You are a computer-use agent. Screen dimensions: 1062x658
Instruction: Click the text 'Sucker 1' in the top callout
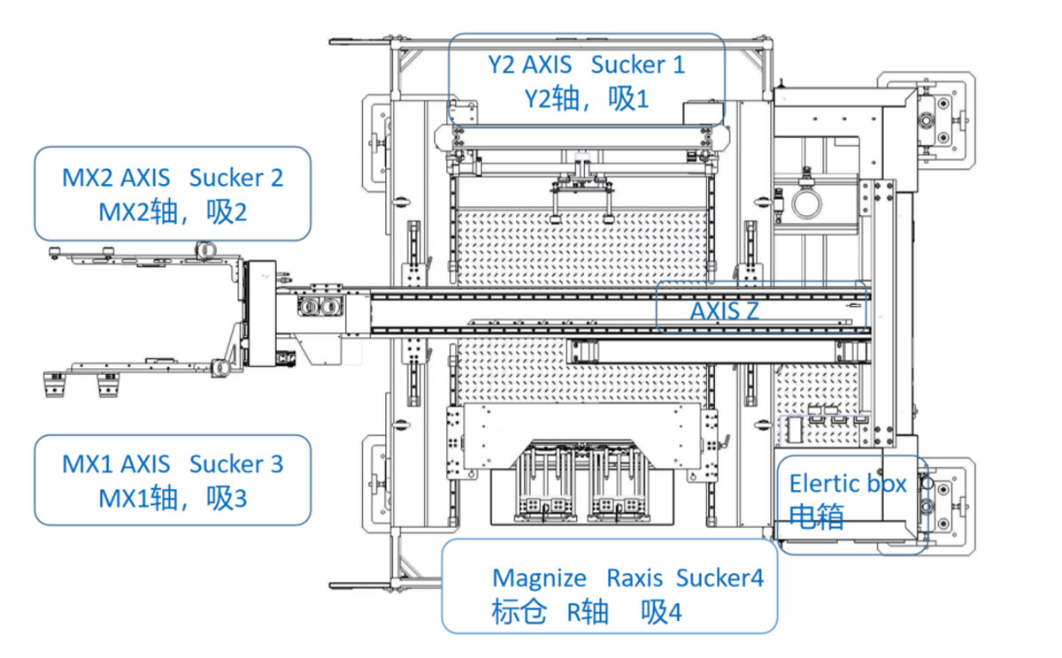point(638,65)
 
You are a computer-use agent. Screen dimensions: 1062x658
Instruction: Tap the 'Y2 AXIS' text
point(530,65)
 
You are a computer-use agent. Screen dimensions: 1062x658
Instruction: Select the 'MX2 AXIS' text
point(116,178)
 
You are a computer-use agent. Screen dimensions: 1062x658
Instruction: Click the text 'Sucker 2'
point(236,178)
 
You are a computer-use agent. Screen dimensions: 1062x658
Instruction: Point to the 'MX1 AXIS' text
point(116,464)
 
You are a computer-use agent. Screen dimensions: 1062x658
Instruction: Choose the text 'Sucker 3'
point(236,464)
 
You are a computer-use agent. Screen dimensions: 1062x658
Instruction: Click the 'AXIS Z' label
point(725,311)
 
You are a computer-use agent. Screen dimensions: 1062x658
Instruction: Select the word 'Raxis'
point(635,578)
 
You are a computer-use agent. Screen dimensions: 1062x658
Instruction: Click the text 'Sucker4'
point(720,578)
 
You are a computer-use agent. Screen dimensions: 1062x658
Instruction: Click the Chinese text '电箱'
point(816,516)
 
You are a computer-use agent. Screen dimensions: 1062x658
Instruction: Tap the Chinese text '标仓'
point(519,612)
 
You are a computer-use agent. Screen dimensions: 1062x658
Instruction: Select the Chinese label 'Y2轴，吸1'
point(587,99)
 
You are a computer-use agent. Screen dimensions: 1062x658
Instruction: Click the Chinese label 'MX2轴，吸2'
point(173,212)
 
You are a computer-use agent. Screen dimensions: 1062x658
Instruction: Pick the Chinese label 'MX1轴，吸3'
point(173,498)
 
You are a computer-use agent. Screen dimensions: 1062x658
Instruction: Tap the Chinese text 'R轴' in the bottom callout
point(588,612)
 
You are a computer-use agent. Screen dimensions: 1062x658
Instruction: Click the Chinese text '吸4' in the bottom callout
point(661,612)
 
